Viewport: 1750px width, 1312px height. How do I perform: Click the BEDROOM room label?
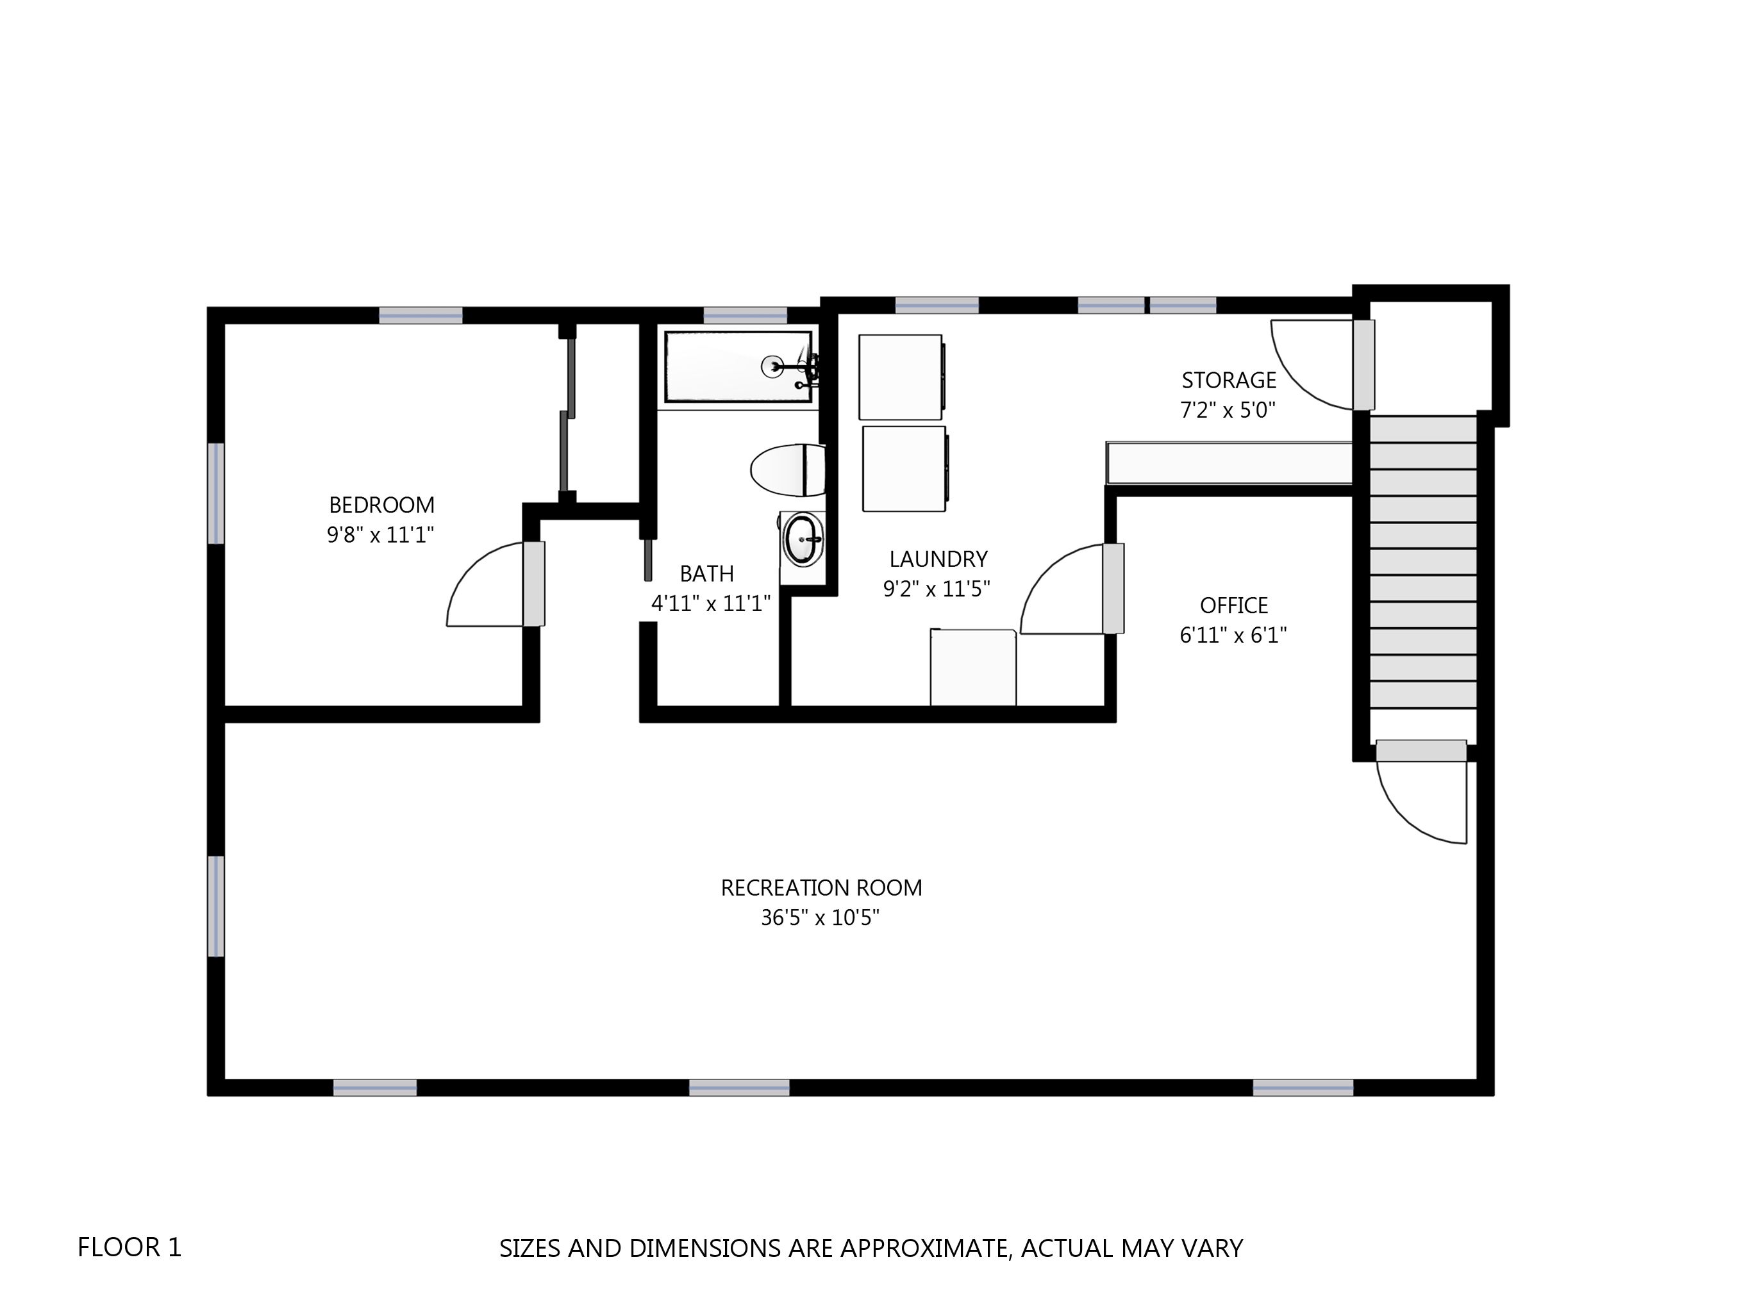point(381,505)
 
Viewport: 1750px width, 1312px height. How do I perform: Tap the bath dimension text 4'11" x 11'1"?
point(710,603)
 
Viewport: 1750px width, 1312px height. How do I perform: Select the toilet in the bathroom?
point(788,470)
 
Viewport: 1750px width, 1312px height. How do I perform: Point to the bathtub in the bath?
point(738,367)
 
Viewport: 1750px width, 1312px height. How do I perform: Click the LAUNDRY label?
point(938,559)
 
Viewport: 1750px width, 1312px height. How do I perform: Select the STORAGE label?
point(1229,381)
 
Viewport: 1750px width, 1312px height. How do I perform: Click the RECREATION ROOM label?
point(821,887)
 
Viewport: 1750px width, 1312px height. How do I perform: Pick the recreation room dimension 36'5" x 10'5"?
point(821,917)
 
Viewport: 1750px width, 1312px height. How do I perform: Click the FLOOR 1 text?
point(129,1247)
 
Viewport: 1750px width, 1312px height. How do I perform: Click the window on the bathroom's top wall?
point(746,316)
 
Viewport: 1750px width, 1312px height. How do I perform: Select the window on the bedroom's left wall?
point(216,493)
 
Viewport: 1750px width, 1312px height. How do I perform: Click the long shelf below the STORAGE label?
point(1229,463)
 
